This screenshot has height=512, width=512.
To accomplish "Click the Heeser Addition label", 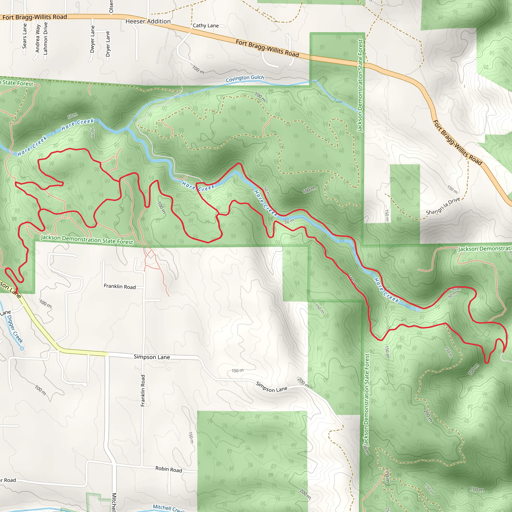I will point(148,21).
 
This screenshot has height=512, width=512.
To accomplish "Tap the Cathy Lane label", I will point(206,25).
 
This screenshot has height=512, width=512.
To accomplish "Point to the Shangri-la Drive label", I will point(443,206).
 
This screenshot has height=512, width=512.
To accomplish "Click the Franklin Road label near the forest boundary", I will point(119,286).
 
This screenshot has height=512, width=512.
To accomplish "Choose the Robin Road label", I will point(168,469).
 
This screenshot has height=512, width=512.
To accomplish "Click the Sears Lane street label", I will point(25,36).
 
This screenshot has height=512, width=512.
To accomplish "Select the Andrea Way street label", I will point(38,39).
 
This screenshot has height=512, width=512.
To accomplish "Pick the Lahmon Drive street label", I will point(45,38).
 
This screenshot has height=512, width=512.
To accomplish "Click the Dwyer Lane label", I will point(92,39).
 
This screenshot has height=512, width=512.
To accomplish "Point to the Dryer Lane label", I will point(107,44).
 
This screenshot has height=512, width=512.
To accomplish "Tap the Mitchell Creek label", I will point(168,508).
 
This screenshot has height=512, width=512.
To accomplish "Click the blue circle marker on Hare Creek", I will point(418,310).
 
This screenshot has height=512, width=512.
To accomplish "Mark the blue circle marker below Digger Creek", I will point(22,348).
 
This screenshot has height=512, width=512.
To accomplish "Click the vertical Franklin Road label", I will point(143,390).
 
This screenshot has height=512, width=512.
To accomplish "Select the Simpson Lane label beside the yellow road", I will point(151,357).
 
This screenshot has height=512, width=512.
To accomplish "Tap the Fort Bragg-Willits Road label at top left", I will point(34,17).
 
